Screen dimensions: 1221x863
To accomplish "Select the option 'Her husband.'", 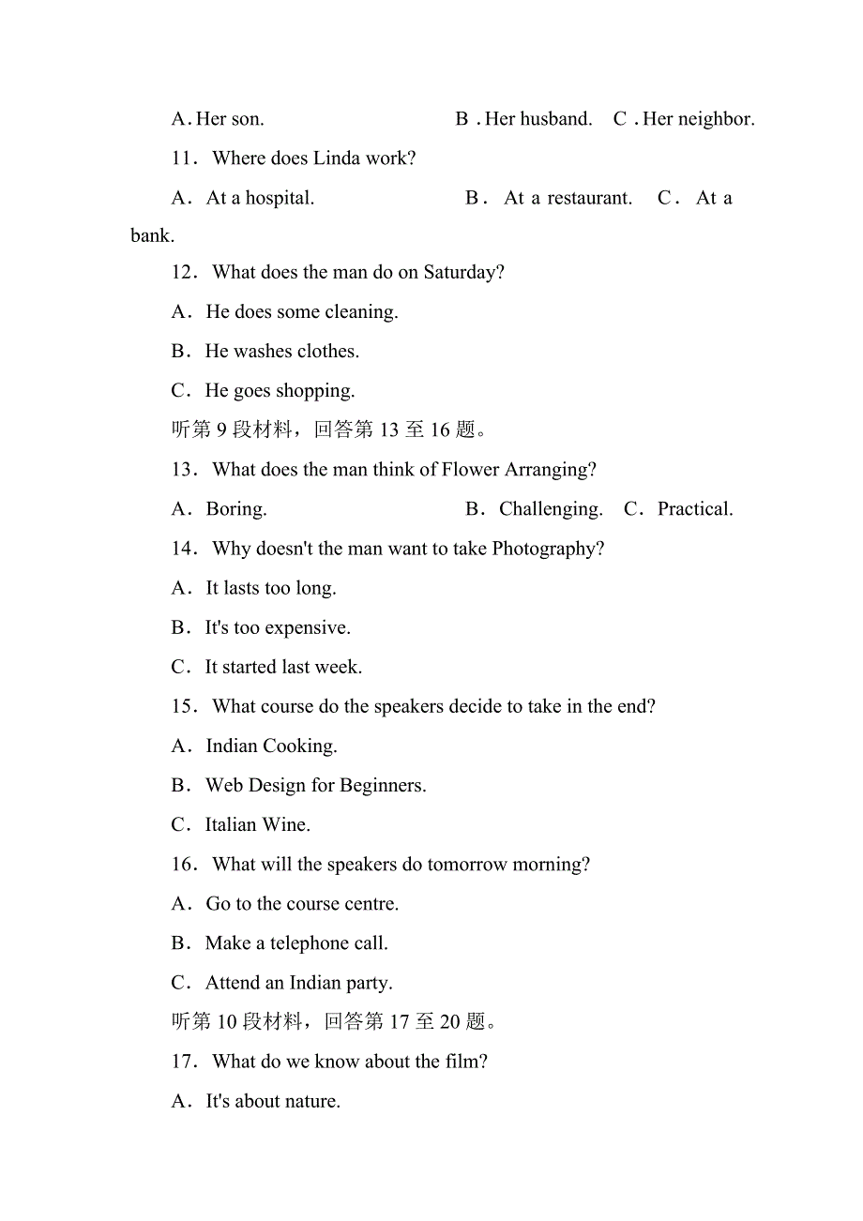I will [537, 119].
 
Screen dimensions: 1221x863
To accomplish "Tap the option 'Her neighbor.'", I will [698, 119].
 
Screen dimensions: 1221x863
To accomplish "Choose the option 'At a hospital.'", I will [260, 198].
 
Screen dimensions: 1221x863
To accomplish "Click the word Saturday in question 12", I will [462, 273].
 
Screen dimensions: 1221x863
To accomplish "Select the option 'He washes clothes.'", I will [281, 352].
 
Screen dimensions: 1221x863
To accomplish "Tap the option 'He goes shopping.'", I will [280, 391].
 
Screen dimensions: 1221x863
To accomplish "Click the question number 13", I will [183, 470].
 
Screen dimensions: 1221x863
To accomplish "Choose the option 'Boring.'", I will [236, 509].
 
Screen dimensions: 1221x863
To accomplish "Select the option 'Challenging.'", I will [551, 509].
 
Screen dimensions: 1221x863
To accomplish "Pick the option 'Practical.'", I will [695, 509].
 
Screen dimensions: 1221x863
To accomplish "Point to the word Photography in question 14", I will [548, 549].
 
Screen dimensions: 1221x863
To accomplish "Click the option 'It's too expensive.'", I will [278, 627].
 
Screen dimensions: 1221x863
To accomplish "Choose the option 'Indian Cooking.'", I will [271, 746].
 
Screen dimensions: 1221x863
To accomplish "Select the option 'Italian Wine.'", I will [257, 825].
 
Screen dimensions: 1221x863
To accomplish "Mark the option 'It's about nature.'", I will [273, 1101].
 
